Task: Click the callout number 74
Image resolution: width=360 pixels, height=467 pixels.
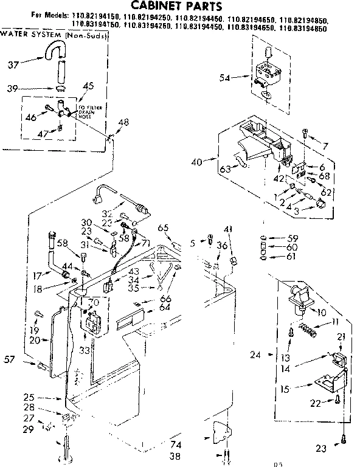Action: click(x=176, y=444)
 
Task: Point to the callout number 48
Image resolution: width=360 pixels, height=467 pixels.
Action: click(x=124, y=123)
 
